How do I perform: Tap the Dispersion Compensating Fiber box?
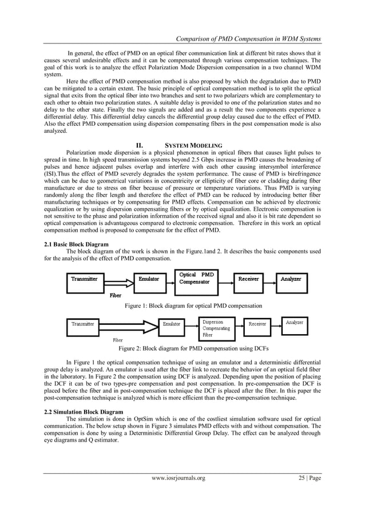(217, 328)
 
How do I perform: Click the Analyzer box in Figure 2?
(295, 323)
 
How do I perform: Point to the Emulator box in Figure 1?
(149, 279)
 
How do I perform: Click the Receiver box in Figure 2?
(257, 324)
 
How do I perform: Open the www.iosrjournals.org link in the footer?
(177, 494)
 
